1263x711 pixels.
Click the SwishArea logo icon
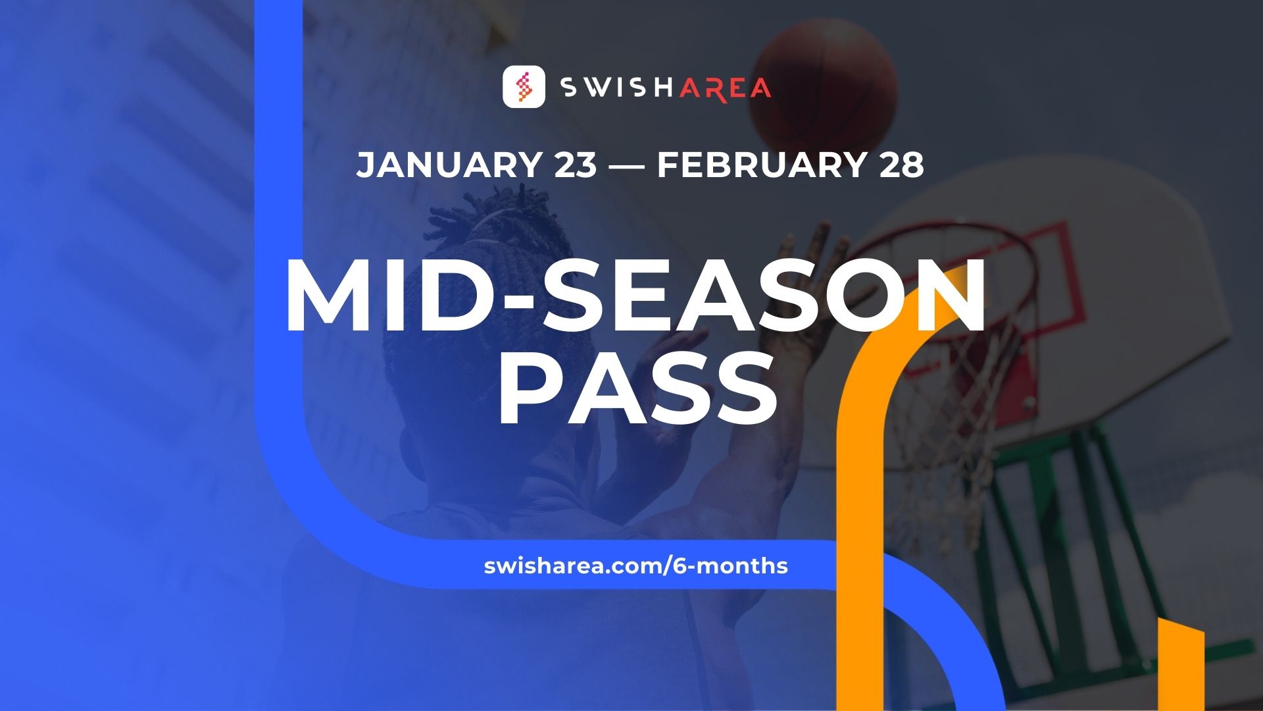524,86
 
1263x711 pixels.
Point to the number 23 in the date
576,165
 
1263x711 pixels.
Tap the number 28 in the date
901,165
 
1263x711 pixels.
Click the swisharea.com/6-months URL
635,566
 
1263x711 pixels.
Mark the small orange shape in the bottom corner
1181,665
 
